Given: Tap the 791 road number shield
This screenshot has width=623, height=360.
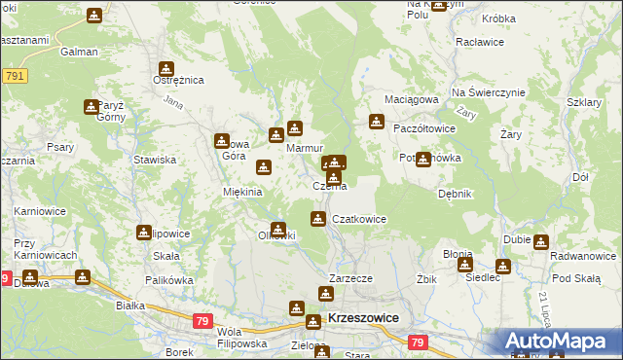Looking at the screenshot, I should click(x=15, y=75).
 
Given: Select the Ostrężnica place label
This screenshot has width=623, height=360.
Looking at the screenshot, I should click(x=180, y=80).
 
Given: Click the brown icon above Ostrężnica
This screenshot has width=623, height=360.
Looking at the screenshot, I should click(x=166, y=68).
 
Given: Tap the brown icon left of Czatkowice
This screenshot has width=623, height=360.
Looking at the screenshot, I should click(x=318, y=219).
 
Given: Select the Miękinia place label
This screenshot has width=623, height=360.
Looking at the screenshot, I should click(x=243, y=192).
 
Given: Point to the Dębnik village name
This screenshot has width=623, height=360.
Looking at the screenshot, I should click(x=455, y=194).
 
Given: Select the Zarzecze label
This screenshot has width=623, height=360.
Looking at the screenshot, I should click(x=351, y=277).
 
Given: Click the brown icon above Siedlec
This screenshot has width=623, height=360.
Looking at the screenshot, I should click(x=502, y=266).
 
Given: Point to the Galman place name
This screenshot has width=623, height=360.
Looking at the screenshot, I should click(x=79, y=52).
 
